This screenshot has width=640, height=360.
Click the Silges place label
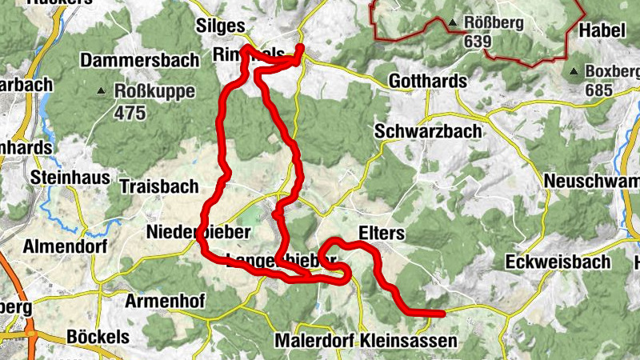click(220, 26)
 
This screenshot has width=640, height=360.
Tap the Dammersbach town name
click(133, 60)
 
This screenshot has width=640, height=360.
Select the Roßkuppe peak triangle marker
click(102, 91)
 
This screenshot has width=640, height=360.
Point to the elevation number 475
click(130, 113)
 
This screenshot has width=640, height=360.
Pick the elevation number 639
click(478, 41)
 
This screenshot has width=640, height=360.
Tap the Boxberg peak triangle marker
click(574, 71)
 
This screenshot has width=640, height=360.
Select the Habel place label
click(600, 30)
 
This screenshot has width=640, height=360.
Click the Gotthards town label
click(427, 82)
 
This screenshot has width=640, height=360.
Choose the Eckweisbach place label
click(558, 262)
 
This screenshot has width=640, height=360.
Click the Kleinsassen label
click(408, 341)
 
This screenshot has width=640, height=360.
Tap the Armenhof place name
click(166, 301)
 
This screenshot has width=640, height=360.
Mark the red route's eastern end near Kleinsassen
click(441, 313)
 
